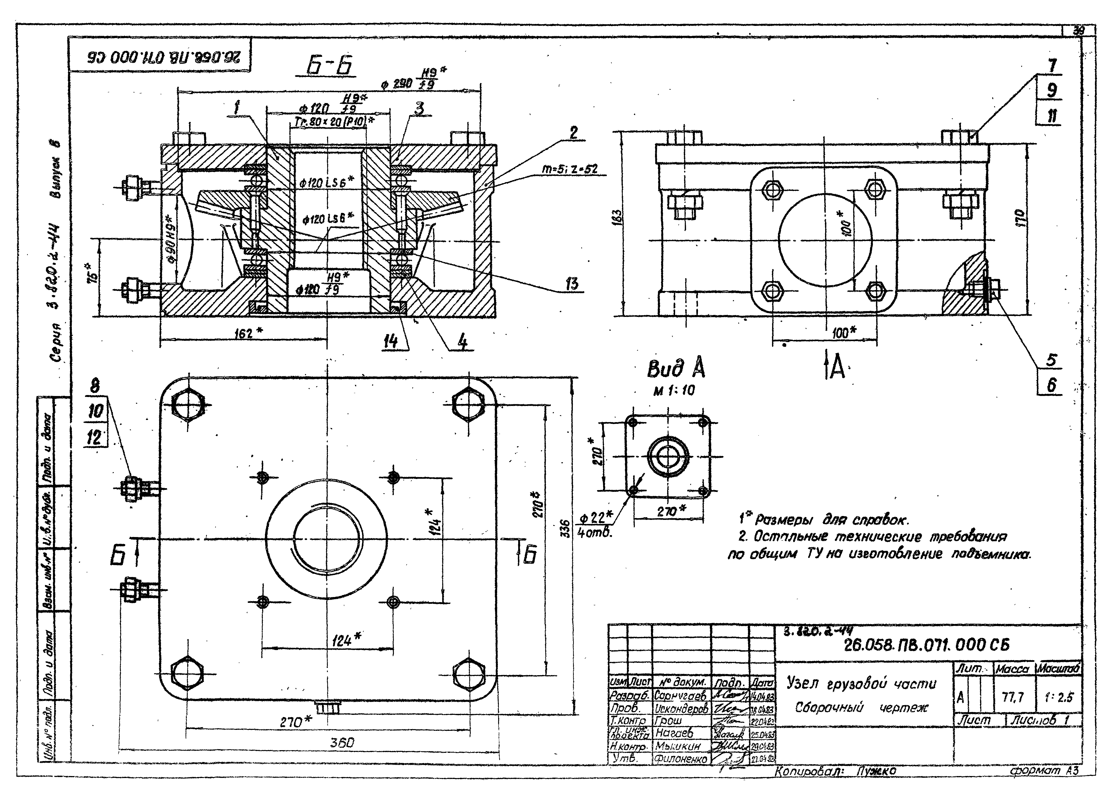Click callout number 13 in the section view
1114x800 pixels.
572,284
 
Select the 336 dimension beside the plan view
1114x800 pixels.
566,528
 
